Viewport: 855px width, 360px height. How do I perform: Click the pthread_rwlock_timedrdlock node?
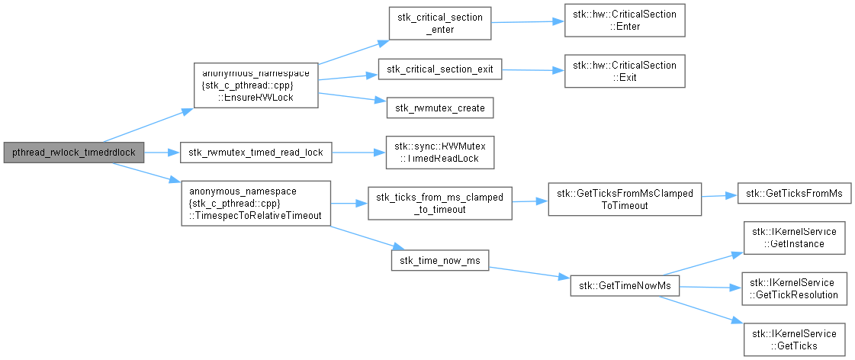point(74,153)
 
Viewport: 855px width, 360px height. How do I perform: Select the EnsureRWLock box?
point(256,85)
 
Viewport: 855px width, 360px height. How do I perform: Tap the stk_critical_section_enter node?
point(439,23)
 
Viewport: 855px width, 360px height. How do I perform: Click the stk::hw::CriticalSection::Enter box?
point(625,21)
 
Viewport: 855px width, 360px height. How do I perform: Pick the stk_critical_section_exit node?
point(439,69)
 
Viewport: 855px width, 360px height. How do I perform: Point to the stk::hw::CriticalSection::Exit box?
point(625,71)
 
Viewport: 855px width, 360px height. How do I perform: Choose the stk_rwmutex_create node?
point(440,108)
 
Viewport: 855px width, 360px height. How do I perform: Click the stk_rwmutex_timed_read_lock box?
point(256,153)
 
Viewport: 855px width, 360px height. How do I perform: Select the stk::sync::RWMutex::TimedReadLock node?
point(439,153)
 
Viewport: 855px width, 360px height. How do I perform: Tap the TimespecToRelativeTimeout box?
point(256,204)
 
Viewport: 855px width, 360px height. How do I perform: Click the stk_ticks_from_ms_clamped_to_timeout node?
point(439,204)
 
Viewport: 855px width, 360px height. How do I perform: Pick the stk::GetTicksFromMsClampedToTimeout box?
point(625,200)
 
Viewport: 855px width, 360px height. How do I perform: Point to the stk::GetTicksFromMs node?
point(794,194)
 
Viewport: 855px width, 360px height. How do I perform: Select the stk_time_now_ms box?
point(439,260)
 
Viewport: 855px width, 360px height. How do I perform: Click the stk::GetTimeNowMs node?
point(625,286)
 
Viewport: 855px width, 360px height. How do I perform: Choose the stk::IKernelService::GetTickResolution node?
point(794,288)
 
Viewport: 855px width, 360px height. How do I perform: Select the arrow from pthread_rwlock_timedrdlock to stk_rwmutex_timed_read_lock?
point(162,153)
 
